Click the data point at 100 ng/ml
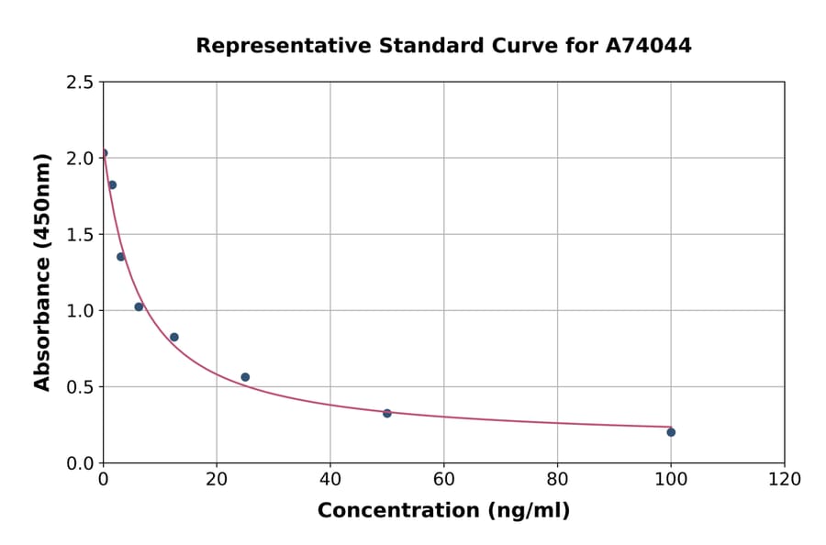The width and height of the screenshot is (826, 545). [x=671, y=432]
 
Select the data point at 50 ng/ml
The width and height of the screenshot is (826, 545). [x=387, y=414]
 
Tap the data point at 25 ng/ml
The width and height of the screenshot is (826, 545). [x=245, y=377]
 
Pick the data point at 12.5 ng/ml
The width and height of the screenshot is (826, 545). [x=174, y=338]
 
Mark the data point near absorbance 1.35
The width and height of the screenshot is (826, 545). [x=121, y=257]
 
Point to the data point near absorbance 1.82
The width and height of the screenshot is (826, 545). [x=112, y=185]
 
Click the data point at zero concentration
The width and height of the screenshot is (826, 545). [x=104, y=153]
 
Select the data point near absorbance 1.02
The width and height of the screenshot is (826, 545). [x=139, y=306]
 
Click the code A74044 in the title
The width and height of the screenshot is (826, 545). [x=648, y=45]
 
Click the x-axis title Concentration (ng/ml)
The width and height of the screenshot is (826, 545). [x=443, y=511]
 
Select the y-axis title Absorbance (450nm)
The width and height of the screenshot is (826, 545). [x=42, y=272]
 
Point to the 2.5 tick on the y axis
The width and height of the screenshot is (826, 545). [x=80, y=82]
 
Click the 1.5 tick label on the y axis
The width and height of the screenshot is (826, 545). [x=80, y=234]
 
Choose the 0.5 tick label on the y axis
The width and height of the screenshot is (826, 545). [x=80, y=386]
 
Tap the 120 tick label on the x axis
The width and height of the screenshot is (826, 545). [x=785, y=479]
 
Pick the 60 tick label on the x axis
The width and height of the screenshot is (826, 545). [x=443, y=479]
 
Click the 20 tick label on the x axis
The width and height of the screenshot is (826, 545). [x=217, y=479]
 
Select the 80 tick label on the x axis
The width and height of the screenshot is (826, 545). [x=557, y=479]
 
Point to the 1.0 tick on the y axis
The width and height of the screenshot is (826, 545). [x=80, y=310]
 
